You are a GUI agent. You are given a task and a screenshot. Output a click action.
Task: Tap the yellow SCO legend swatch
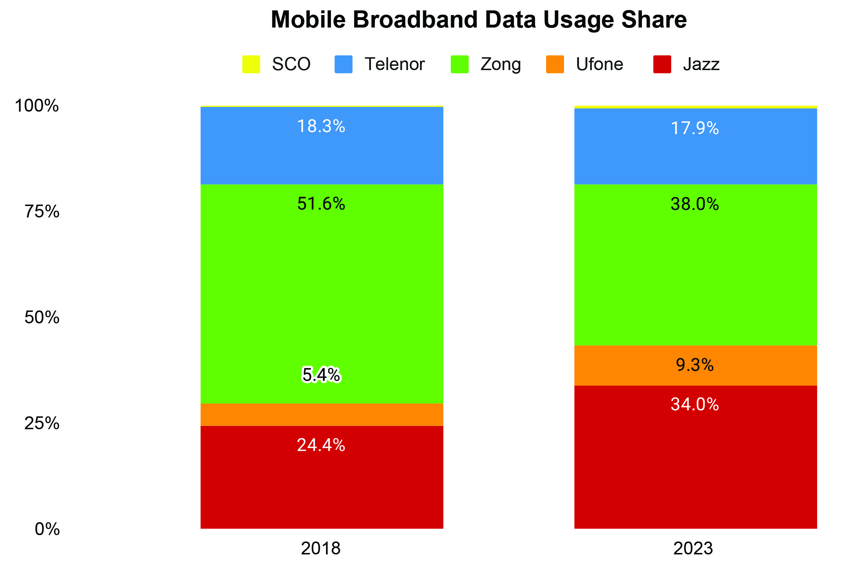tap(251, 64)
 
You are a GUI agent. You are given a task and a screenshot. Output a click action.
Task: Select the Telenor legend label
tap(395, 64)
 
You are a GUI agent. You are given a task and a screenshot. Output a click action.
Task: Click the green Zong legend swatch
tap(460, 64)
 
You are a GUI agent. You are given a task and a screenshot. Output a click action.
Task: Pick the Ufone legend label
tap(599, 64)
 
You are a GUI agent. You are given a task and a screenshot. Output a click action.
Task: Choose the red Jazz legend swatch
tap(662, 64)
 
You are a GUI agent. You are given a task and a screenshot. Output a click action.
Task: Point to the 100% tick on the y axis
tap(36, 106)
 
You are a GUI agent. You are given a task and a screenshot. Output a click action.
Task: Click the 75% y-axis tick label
tap(41, 211)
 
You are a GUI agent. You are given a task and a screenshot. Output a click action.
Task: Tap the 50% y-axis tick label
tap(41, 317)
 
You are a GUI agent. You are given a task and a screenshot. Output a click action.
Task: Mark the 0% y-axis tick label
tap(47, 529)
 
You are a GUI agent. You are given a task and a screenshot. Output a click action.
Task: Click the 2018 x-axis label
tap(321, 548)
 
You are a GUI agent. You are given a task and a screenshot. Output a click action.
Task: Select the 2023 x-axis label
tap(693, 548)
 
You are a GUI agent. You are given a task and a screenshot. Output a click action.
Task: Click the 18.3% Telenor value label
tap(321, 126)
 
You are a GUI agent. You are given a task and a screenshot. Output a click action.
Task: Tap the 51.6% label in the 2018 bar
tap(321, 204)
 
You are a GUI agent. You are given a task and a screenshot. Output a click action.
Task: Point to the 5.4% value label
tap(321, 375)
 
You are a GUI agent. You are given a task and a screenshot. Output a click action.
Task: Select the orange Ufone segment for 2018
tap(322, 415)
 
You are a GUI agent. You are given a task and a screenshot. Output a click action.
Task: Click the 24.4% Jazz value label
tap(321, 445)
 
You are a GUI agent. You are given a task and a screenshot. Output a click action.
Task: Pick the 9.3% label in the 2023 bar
tap(694, 365)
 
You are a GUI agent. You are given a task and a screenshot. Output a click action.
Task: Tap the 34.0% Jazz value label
tap(694, 404)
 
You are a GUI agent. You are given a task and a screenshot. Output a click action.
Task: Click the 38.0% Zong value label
tap(694, 204)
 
